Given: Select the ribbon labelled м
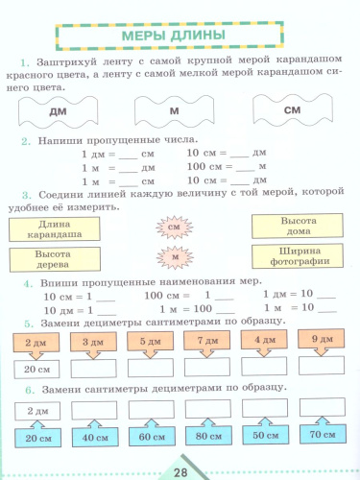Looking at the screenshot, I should tap(175, 111).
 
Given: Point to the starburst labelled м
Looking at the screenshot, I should tap(174, 258).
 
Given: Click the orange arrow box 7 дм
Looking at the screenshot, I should tap(205, 341).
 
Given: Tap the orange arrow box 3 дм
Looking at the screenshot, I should tap(93, 341).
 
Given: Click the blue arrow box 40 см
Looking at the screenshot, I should tap(93, 437).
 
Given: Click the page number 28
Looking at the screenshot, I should tap(180, 470).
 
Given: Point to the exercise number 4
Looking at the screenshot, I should tap(30, 285).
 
